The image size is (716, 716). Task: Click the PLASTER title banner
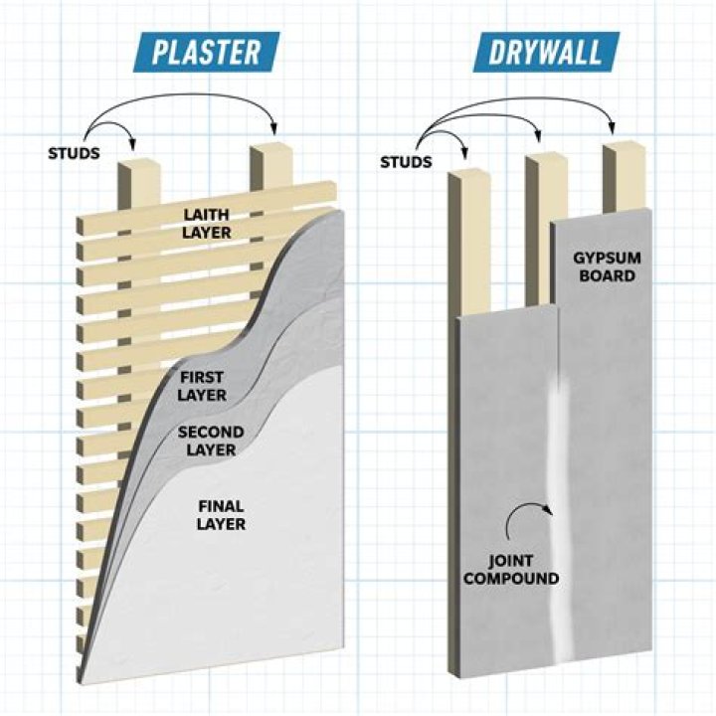click(x=208, y=52)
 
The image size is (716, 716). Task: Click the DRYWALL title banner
click(x=544, y=52)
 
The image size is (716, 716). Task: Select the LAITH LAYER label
click(x=206, y=224)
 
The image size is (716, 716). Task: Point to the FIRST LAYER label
click(x=202, y=386)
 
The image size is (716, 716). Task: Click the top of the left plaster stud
click(x=138, y=162)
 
